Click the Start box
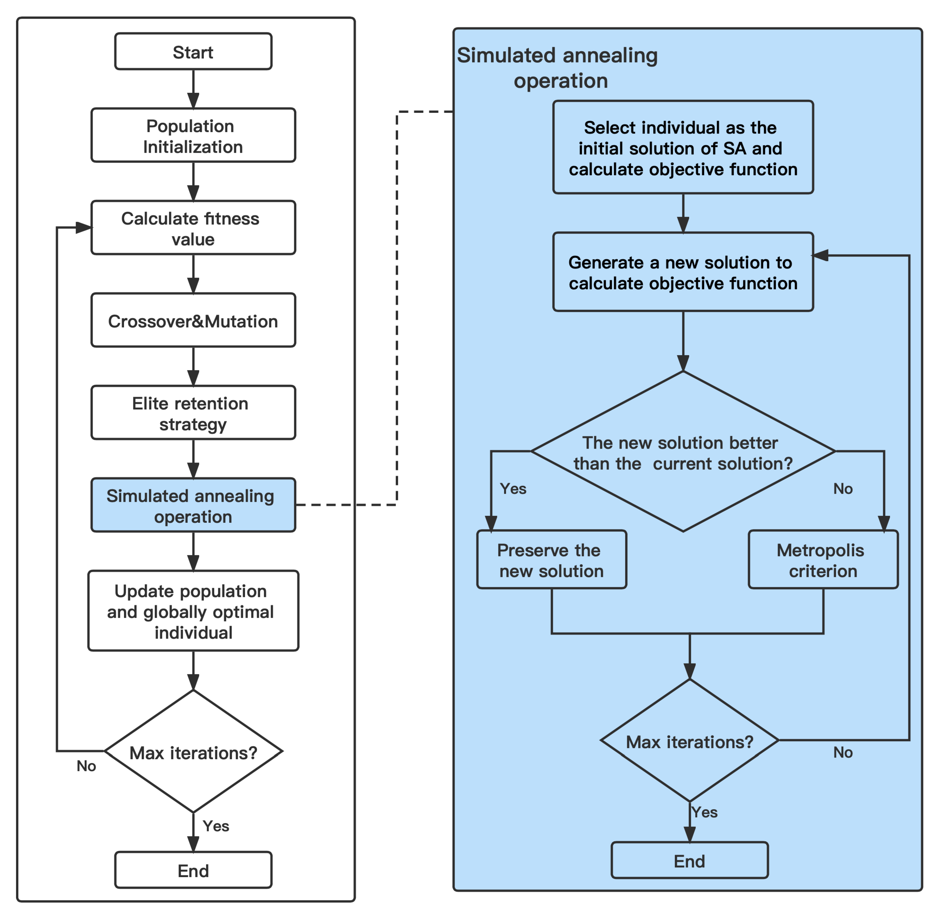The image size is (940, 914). [x=193, y=51]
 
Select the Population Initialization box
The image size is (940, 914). [x=193, y=135]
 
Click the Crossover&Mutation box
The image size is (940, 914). [x=193, y=320]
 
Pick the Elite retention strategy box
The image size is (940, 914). [x=193, y=412]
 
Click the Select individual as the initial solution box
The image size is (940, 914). [x=682, y=147]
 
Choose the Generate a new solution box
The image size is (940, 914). [x=682, y=272]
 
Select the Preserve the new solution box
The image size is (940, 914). [x=551, y=560]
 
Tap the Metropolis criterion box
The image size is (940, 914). [x=822, y=560]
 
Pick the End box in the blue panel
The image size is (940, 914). [x=689, y=860]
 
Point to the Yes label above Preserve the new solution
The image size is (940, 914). [x=513, y=489]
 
